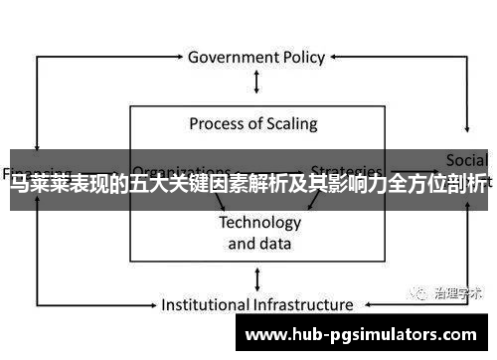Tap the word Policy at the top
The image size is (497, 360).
tap(301, 57)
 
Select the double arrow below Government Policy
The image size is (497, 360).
tap(257, 82)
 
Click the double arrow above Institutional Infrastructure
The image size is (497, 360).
tap(257, 277)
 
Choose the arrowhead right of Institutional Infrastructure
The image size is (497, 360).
tap(363, 304)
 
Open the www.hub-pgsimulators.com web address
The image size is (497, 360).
tap(362, 335)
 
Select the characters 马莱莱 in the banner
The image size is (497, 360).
tap(33, 186)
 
